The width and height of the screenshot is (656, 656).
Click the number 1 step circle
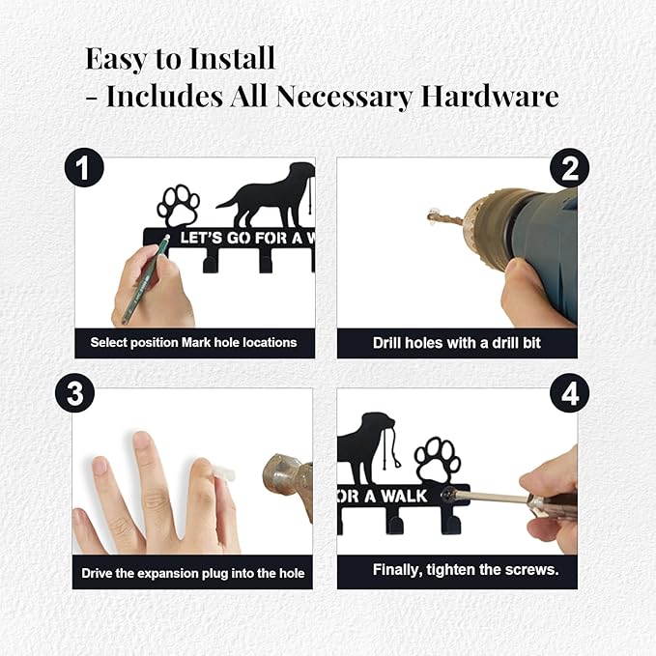pyautogui.click(x=84, y=168)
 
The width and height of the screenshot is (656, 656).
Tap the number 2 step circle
pyautogui.click(x=569, y=168)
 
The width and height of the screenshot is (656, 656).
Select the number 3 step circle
pyautogui.click(x=75, y=393)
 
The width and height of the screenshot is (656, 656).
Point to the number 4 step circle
pyautogui.click(x=569, y=393)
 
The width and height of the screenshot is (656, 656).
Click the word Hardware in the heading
pyautogui.click(x=490, y=97)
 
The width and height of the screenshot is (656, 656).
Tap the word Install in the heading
pyautogui.click(x=231, y=58)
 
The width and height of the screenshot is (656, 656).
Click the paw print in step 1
pyautogui.click(x=178, y=206)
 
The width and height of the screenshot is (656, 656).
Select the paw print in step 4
pyautogui.click(x=438, y=459)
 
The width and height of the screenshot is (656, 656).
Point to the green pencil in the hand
pyautogui.click(x=144, y=279)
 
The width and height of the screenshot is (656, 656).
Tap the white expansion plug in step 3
pyautogui.click(x=224, y=475)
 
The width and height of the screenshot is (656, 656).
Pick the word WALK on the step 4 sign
pyautogui.click(x=404, y=497)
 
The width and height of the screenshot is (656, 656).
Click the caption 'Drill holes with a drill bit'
pyautogui.click(x=456, y=343)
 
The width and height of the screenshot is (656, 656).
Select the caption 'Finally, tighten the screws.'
pyautogui.click(x=466, y=570)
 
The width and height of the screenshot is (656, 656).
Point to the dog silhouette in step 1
pyautogui.click(x=266, y=195)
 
